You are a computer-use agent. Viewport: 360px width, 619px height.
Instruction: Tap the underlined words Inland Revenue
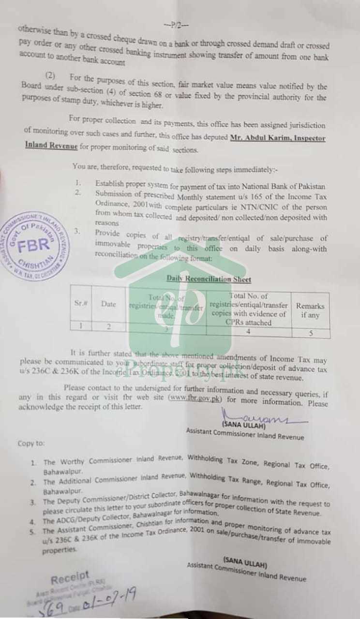(x=51, y=146)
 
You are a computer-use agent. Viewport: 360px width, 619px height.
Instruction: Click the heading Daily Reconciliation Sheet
(x=209, y=279)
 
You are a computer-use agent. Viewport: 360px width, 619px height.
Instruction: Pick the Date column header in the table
(x=109, y=304)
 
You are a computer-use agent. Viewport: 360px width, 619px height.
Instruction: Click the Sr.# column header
(x=80, y=304)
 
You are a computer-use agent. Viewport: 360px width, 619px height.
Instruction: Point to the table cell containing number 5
(x=311, y=333)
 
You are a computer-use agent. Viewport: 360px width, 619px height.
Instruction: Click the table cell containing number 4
(x=248, y=332)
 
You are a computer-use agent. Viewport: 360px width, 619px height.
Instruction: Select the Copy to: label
(x=31, y=443)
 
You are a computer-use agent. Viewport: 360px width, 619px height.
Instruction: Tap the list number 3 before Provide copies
(x=77, y=232)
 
